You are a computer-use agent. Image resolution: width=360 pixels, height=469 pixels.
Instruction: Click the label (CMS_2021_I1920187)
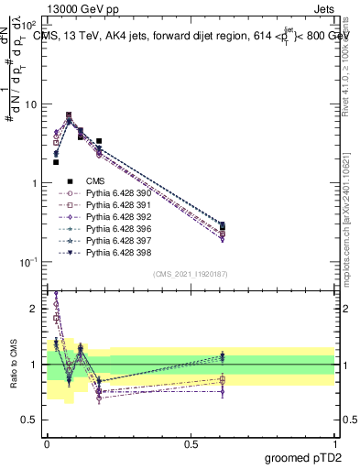(x=190, y=274)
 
